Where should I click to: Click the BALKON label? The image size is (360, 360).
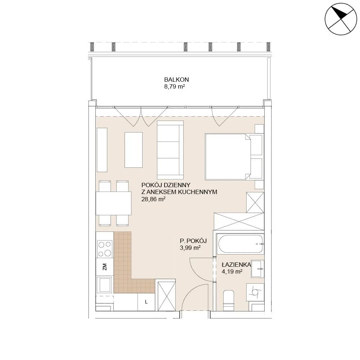coord(176,80)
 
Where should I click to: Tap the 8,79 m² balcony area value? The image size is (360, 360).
coord(175,87)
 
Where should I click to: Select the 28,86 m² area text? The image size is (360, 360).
coord(153,199)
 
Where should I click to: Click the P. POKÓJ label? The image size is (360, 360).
coord(193,241)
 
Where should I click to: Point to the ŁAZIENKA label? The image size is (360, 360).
coord(236,265)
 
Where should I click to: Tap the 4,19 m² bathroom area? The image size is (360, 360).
coord(232,271)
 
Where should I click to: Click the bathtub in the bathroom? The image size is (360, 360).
coord(240,244)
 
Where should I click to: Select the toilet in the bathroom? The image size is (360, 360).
coord(229,300)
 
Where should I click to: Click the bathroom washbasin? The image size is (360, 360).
coord(257,269)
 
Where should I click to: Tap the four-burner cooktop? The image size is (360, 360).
coord(105,249)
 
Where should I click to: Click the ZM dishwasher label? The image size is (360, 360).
coord(105,267)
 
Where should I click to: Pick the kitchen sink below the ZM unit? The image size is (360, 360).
coord(105,285)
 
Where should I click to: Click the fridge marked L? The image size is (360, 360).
coord(146,302)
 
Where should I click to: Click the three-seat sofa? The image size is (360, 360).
coord(170,150)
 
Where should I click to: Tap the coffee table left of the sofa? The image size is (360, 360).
coord(134,150)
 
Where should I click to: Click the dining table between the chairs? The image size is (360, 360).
coord(113,203)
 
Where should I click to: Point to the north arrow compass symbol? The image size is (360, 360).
coord(341,19)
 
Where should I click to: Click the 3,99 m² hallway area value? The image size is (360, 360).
coord(190,248)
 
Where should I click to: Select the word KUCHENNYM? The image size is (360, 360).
coord(197,192)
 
